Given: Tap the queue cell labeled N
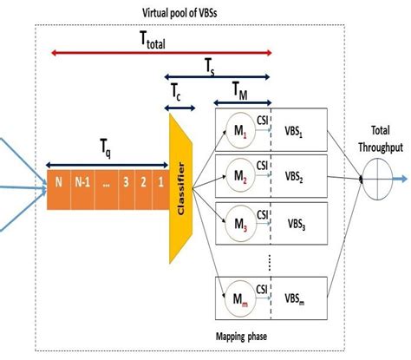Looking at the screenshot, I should coord(58,183).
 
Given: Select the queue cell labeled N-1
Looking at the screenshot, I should coord(80,183).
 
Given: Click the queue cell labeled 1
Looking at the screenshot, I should coord(158,183).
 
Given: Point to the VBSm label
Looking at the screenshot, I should coord(297,298).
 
